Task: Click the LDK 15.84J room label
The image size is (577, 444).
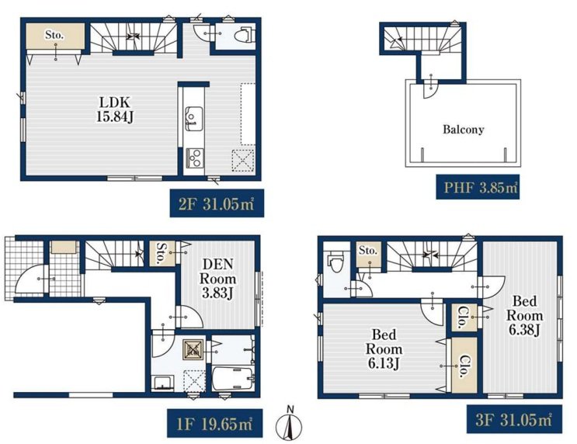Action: click(115, 109)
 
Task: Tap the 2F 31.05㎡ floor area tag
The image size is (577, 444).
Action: click(217, 203)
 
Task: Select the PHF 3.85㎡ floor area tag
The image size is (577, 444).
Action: click(478, 187)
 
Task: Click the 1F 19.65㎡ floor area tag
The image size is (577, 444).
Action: click(215, 423)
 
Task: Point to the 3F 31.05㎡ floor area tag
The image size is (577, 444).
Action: click(514, 419)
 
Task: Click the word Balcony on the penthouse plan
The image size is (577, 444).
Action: click(464, 129)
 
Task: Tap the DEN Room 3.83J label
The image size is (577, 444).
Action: click(218, 278)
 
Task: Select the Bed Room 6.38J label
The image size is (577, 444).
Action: click(524, 316)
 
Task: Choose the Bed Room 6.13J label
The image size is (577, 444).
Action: click(384, 349)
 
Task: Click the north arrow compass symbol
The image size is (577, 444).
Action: click(289, 425)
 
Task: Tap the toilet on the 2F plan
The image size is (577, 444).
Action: click(246, 35)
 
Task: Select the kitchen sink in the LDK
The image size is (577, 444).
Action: click(193, 119)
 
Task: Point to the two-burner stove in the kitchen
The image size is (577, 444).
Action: click(194, 158)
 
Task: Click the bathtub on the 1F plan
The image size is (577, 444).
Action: click(233, 380)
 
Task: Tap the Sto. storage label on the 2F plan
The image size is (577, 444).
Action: click(54, 35)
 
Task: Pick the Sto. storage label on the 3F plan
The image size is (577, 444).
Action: click(368, 251)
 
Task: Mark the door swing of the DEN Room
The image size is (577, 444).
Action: click(189, 317)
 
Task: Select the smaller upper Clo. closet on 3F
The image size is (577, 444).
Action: click(461, 317)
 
